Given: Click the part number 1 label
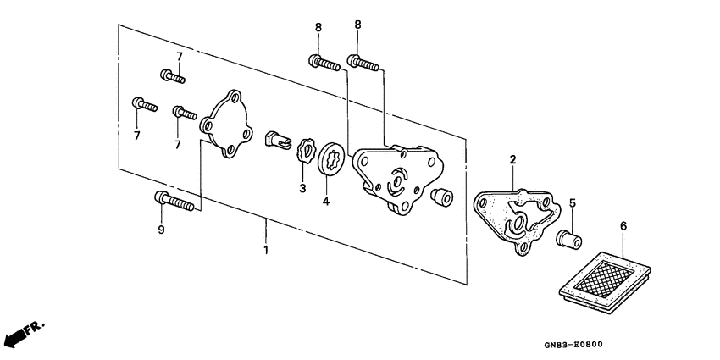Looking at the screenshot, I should (x=266, y=250).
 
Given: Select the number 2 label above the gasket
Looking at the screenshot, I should (x=512, y=159).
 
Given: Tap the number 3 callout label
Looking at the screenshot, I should (x=302, y=187).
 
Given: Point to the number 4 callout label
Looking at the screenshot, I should (x=326, y=202).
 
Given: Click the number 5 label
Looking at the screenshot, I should (x=573, y=203).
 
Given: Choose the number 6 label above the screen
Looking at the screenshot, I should (x=623, y=226).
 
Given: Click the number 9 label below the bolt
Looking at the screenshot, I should (x=161, y=230).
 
